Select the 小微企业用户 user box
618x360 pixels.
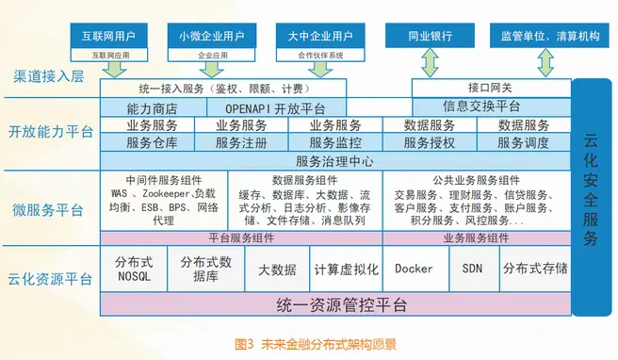tap(213, 38)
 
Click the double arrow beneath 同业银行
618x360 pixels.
tap(429, 63)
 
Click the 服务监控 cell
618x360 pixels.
tap(334, 143)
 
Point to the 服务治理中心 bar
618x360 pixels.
tap(334, 161)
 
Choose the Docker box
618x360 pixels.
tap(415, 270)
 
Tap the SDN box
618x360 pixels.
tap(472, 270)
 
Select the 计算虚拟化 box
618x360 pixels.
tap(346, 270)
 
